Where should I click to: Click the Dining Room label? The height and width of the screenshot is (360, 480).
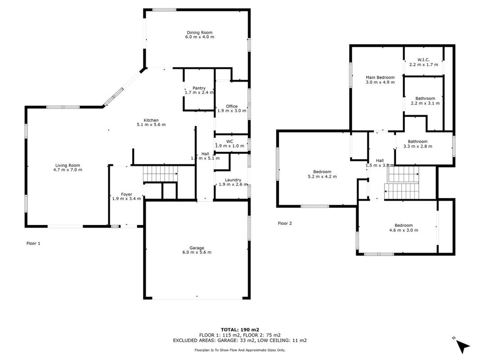200,32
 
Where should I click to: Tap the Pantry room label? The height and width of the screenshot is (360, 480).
199,88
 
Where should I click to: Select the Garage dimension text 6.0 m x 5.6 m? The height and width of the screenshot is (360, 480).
197,252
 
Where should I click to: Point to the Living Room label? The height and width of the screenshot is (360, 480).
67,165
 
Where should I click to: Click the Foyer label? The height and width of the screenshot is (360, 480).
126,194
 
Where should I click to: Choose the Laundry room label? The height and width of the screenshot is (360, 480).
233,180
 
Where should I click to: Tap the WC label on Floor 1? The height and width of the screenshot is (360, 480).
229,141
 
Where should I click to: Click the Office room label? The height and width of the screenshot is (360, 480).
232,106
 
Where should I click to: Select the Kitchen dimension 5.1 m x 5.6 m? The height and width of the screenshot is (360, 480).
151,125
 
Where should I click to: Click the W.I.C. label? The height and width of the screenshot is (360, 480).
423,60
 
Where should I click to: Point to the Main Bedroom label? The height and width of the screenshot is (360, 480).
380,77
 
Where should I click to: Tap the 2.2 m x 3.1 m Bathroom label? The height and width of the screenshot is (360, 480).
425,99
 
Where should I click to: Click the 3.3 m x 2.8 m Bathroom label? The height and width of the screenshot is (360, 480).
417,141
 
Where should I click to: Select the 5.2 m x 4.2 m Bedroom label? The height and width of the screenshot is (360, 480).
322,172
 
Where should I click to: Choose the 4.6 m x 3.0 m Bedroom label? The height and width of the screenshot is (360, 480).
404,225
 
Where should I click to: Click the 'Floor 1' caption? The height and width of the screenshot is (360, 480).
33,243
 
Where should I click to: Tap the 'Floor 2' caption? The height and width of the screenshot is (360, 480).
285,223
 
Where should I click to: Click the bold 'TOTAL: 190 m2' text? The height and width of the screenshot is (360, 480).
240,330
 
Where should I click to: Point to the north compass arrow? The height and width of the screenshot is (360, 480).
462,346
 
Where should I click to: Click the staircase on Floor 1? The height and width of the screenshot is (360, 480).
160,174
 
